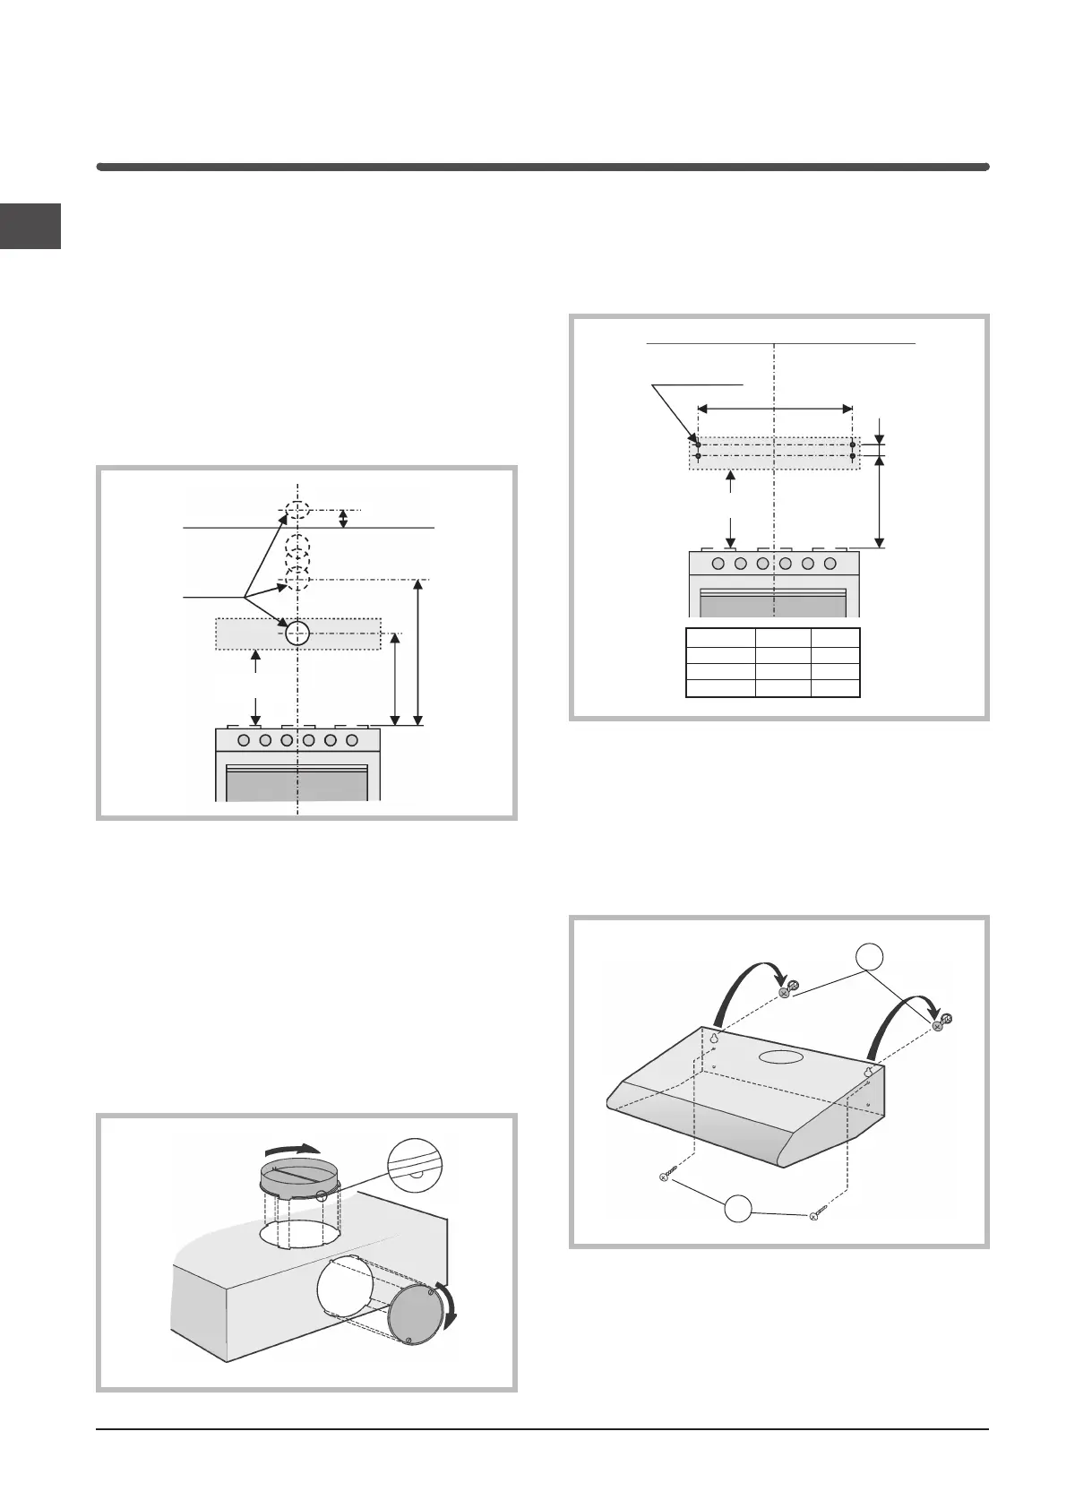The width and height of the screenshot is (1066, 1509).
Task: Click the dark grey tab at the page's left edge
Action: click(30, 226)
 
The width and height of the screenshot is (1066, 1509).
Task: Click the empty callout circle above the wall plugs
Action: click(867, 957)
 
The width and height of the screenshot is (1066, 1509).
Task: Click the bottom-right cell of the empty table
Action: click(835, 688)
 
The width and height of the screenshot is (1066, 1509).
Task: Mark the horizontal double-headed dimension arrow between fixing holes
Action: click(775, 409)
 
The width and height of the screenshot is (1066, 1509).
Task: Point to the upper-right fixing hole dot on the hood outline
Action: click(852, 443)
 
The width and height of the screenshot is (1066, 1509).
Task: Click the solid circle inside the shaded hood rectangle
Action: click(297, 634)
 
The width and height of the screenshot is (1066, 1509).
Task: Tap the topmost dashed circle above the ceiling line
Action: click(297, 512)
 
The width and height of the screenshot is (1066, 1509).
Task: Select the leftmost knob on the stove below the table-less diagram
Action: click(245, 741)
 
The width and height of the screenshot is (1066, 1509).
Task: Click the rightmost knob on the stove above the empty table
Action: click(830, 564)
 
